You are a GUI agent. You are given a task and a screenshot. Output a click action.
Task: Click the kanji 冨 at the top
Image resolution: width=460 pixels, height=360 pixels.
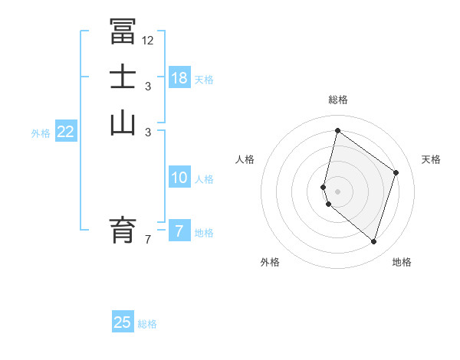pyautogui.click(x=123, y=31)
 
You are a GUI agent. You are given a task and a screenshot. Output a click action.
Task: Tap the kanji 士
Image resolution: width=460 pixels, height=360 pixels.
pyautogui.click(x=123, y=77)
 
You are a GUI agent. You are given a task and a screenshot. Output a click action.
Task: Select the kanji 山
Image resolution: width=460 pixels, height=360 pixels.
pyautogui.click(x=123, y=123)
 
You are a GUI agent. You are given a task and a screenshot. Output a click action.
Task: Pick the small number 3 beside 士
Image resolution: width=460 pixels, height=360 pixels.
pyautogui.click(x=147, y=87)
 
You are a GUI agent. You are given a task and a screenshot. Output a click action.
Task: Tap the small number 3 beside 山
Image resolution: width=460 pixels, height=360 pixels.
pyautogui.click(x=147, y=133)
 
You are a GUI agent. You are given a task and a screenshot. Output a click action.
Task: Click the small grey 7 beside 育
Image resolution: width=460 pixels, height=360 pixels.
pyautogui.click(x=147, y=240)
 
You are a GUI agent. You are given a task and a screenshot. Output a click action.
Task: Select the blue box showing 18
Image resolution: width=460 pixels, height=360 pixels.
pyautogui.click(x=179, y=78)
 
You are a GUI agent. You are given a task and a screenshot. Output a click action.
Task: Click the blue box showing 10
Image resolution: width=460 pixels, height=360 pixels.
pyautogui.click(x=179, y=178)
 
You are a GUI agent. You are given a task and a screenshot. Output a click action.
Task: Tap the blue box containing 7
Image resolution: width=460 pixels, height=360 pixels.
pyautogui.click(x=179, y=231)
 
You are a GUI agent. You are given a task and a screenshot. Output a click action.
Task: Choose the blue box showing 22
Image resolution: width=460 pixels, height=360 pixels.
pyautogui.click(x=66, y=132)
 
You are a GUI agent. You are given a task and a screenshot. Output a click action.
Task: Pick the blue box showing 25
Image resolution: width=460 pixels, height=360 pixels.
pyautogui.click(x=123, y=322)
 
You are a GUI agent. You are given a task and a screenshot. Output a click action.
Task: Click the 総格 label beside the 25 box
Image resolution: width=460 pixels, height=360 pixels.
pyautogui.click(x=148, y=324)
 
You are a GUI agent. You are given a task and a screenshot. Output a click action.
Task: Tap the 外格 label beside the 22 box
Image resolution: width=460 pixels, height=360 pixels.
pyautogui.click(x=41, y=133)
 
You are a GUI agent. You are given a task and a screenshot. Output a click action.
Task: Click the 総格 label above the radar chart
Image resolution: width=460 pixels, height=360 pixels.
pyautogui.click(x=337, y=100)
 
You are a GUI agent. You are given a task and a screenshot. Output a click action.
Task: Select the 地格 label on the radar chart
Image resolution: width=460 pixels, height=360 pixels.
pyautogui.click(x=402, y=262)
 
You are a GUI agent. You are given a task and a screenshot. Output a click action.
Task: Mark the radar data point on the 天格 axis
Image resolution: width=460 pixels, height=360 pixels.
pyautogui.click(x=396, y=172)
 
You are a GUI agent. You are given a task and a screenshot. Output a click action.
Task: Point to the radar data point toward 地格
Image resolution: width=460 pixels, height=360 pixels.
pyautogui.click(x=373, y=241)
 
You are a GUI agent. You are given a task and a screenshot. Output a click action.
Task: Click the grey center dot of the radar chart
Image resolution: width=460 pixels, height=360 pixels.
pyautogui.click(x=337, y=191)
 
